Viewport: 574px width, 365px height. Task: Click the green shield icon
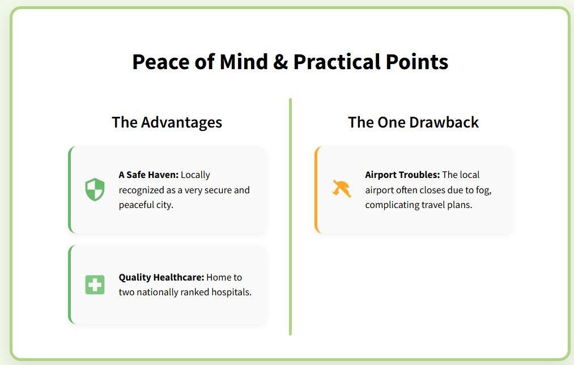(x=95, y=189)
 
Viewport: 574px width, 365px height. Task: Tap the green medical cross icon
(x=95, y=285)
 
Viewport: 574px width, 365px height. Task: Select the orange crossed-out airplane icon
(x=342, y=189)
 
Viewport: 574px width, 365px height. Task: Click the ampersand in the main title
(x=280, y=62)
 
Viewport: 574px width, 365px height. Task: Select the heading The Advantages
(x=167, y=122)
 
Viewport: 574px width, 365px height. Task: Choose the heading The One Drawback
(x=413, y=122)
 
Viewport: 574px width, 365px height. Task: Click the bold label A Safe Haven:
(x=148, y=175)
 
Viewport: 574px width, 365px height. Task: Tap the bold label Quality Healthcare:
(x=161, y=278)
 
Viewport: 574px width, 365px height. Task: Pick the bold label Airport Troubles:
(x=402, y=175)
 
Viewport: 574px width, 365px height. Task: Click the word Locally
(x=195, y=175)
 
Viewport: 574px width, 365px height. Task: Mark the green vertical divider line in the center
(x=290, y=217)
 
